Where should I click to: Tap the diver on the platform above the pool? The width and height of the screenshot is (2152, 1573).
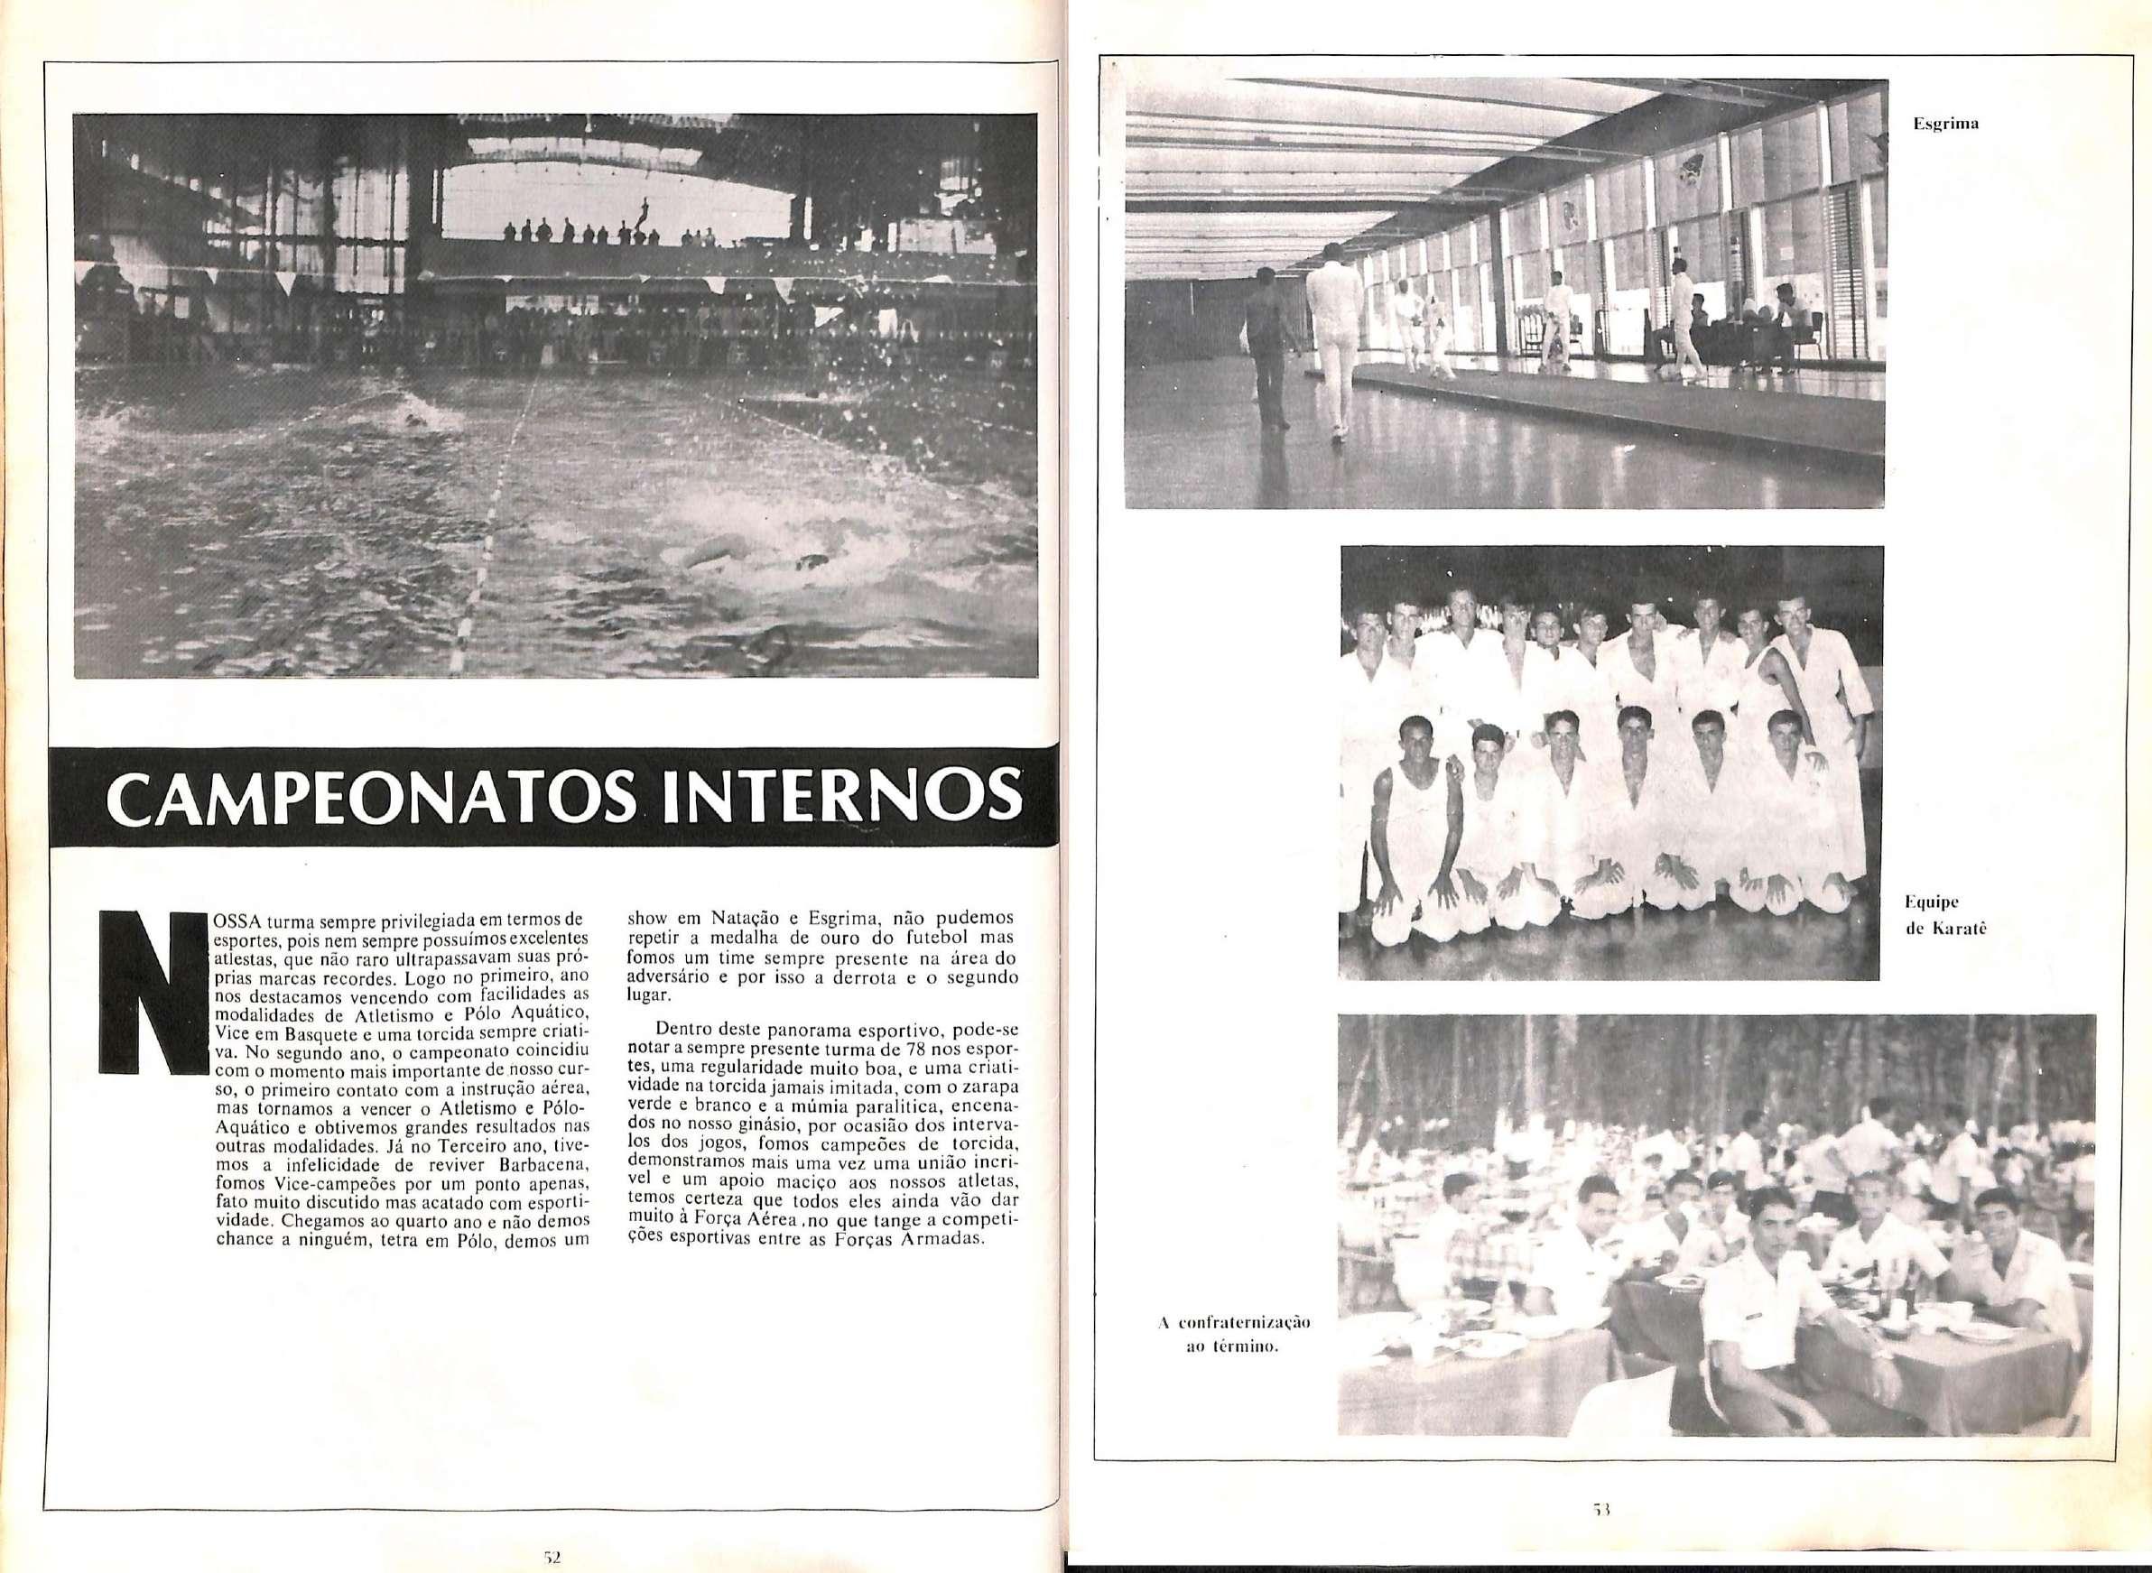(x=646, y=208)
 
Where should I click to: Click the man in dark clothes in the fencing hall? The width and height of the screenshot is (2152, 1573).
(x=1266, y=343)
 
